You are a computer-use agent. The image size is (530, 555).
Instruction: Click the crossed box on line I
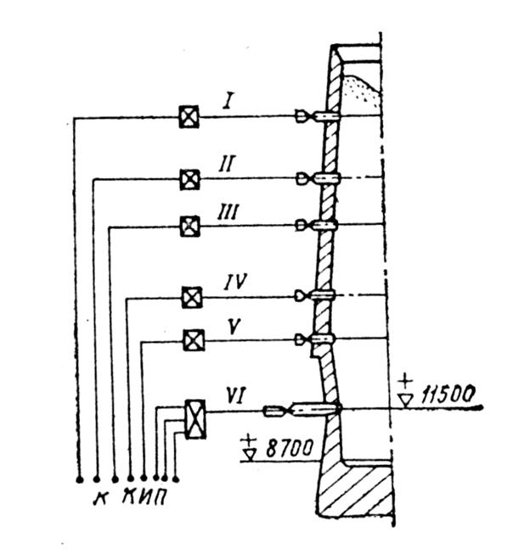click(189, 116)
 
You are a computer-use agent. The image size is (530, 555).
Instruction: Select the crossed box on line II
click(189, 179)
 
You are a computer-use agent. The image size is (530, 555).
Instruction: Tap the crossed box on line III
click(190, 226)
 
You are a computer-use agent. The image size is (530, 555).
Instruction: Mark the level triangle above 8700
click(250, 451)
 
